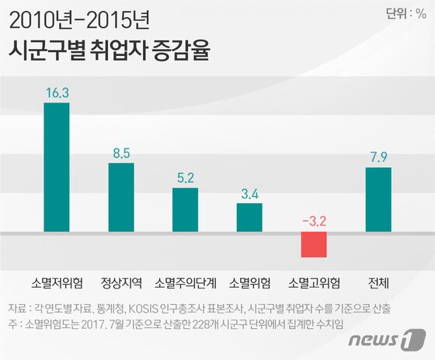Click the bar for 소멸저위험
56,167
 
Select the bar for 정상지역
120,197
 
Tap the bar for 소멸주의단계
185,210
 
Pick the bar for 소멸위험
249,218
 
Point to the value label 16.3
57,92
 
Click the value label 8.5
121,152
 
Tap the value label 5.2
185,177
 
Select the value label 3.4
249,193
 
